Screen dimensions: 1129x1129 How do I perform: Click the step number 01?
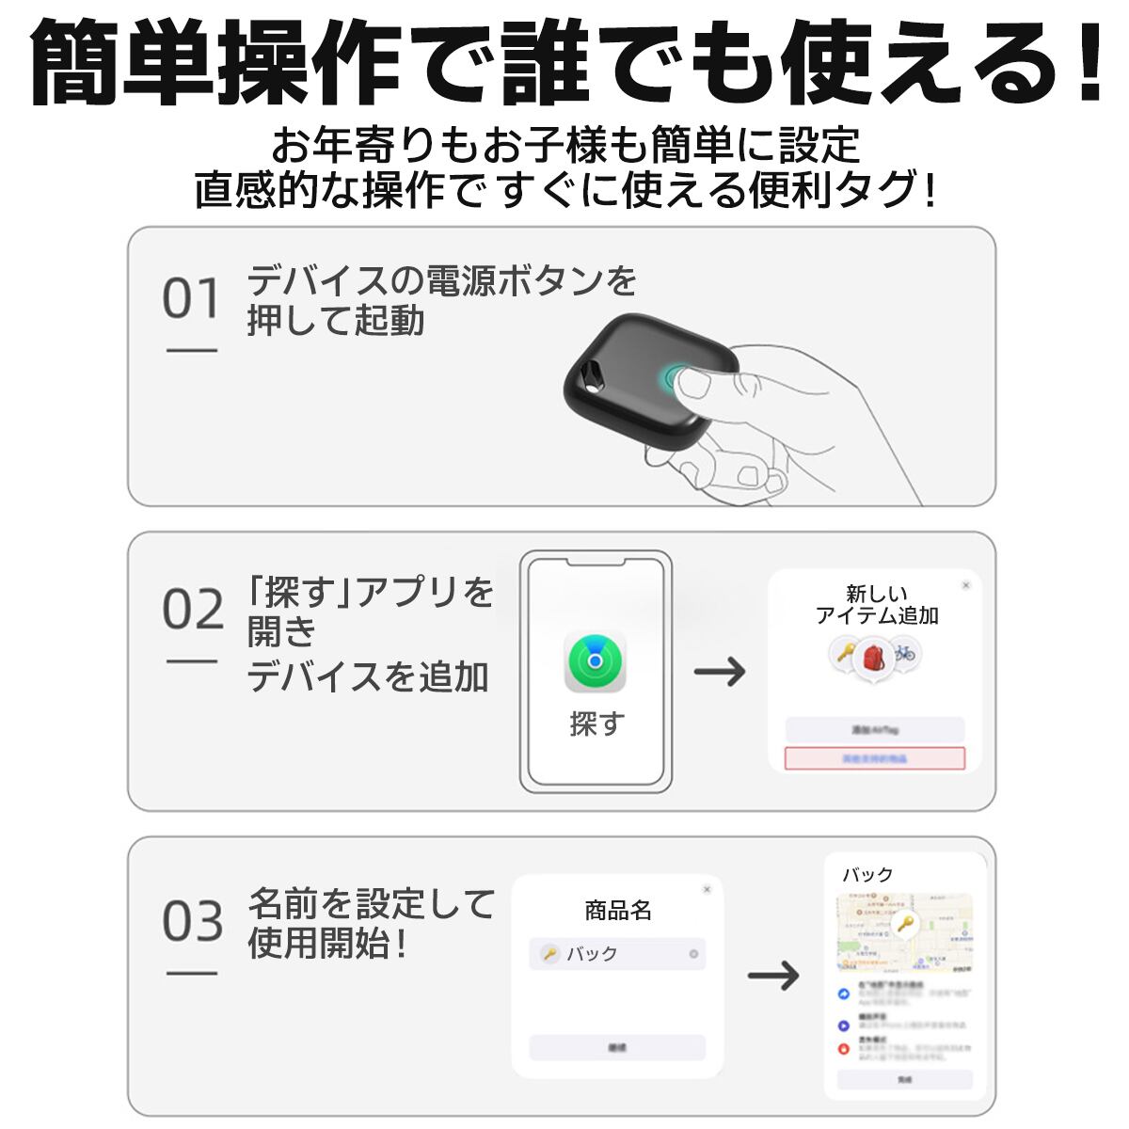(191, 299)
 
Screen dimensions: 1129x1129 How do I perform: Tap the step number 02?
(193, 611)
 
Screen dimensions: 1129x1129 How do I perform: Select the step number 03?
(193, 922)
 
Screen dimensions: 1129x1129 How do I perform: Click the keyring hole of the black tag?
(592, 370)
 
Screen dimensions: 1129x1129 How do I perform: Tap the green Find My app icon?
(595, 661)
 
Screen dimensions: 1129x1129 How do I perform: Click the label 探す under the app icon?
(596, 724)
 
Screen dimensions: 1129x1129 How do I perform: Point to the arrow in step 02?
(720, 672)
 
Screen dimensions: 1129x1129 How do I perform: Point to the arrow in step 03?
(773, 975)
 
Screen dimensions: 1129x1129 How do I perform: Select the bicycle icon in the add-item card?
(904, 652)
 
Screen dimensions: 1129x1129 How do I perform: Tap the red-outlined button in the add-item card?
(875, 758)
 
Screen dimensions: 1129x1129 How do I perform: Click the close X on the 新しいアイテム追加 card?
(965, 586)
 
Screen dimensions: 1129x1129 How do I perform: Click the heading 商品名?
(618, 911)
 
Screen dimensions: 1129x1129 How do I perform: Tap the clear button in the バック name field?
(693, 954)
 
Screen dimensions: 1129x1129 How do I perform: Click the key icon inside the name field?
(549, 954)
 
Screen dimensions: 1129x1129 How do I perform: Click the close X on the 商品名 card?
(707, 889)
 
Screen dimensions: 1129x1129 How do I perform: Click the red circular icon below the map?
(844, 1049)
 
